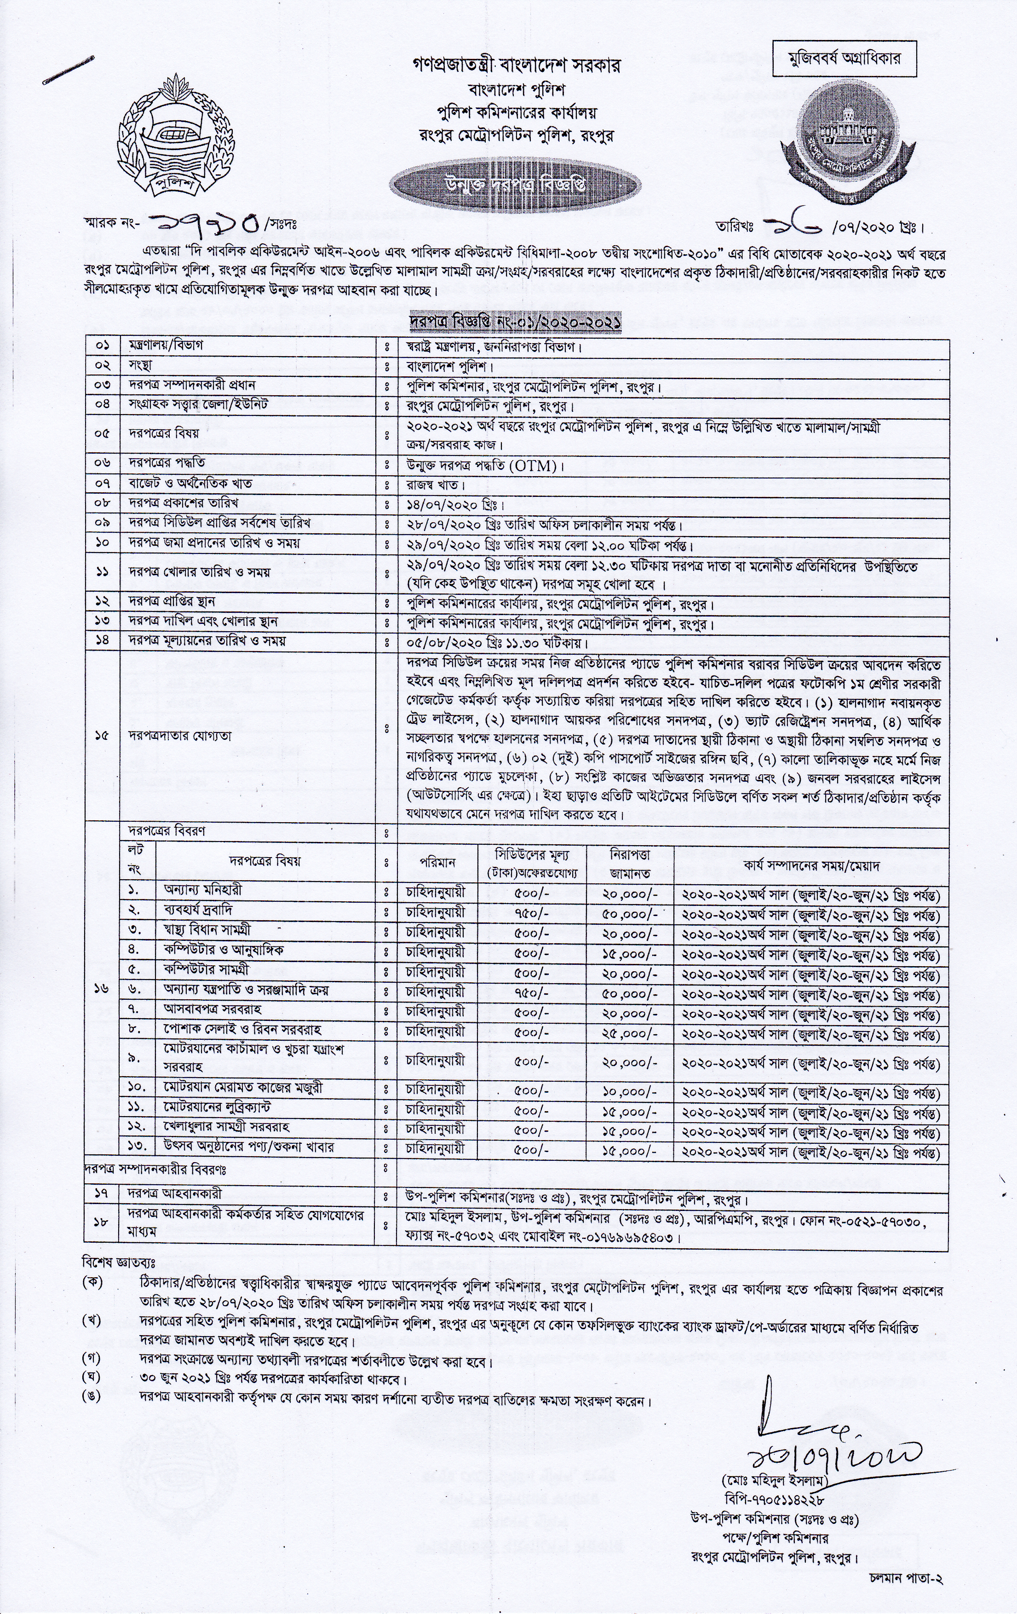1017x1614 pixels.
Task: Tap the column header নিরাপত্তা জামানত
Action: pyautogui.click(x=630, y=861)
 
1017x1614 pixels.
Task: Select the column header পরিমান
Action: pyautogui.click(x=437, y=861)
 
